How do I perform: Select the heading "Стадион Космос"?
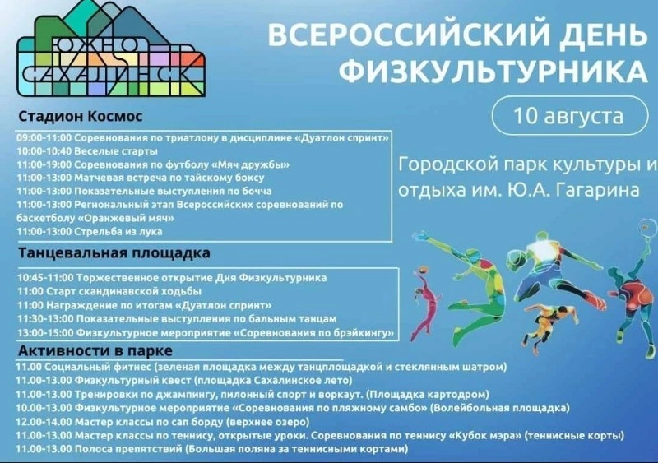click(x=81, y=116)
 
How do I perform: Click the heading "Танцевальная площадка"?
click(x=114, y=252)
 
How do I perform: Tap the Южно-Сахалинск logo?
click(x=111, y=52)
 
